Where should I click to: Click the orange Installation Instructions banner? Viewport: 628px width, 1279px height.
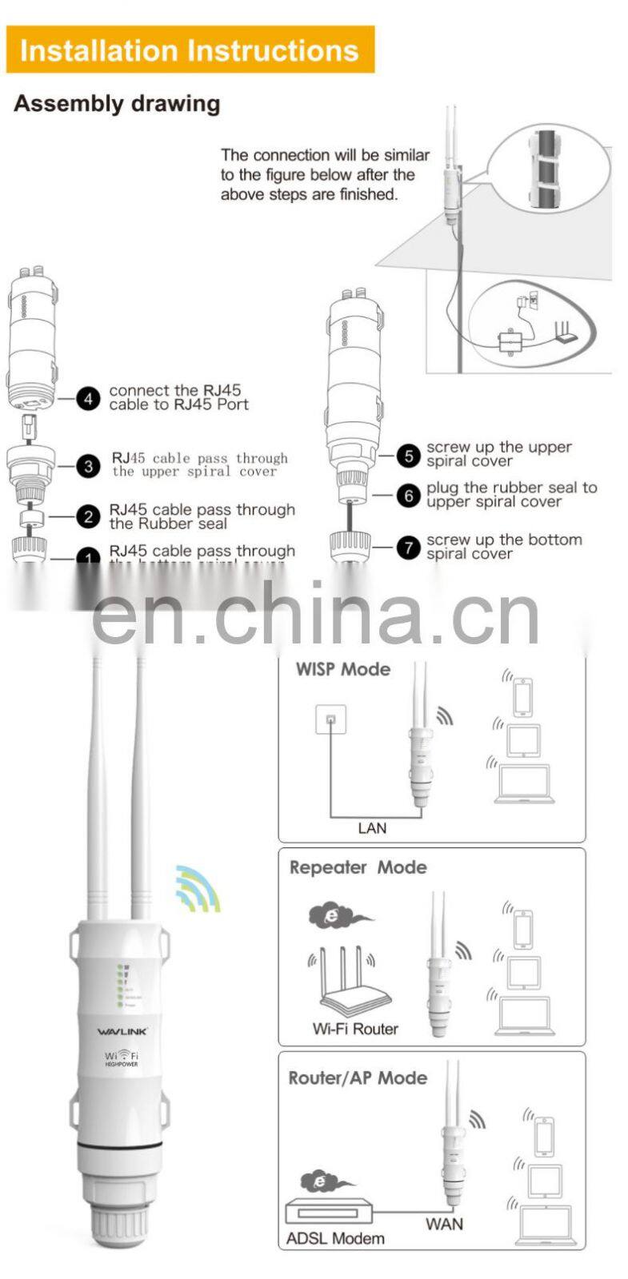[190, 50]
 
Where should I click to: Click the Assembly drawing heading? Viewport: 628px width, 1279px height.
[117, 104]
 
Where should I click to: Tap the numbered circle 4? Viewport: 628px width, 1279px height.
[88, 398]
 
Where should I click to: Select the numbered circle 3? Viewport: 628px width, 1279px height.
[88, 466]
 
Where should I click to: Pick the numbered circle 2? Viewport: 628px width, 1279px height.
[88, 517]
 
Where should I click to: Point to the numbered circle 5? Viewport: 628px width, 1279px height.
[409, 456]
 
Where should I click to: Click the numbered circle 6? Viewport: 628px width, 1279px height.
[409, 496]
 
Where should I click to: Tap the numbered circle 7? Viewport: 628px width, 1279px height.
[409, 548]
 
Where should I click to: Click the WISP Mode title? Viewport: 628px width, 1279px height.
[342, 670]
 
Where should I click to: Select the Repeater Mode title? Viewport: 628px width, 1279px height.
[358, 867]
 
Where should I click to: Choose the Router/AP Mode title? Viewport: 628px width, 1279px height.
[358, 1078]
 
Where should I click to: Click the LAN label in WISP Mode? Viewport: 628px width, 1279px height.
[372, 828]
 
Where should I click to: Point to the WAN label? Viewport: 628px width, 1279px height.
[444, 1224]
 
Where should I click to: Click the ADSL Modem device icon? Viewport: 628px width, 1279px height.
[330, 1212]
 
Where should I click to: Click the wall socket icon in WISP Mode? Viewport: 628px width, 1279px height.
[330, 719]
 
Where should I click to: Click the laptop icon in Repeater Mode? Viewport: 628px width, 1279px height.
[524, 1016]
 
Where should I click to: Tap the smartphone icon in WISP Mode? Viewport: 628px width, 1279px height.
[522, 697]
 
